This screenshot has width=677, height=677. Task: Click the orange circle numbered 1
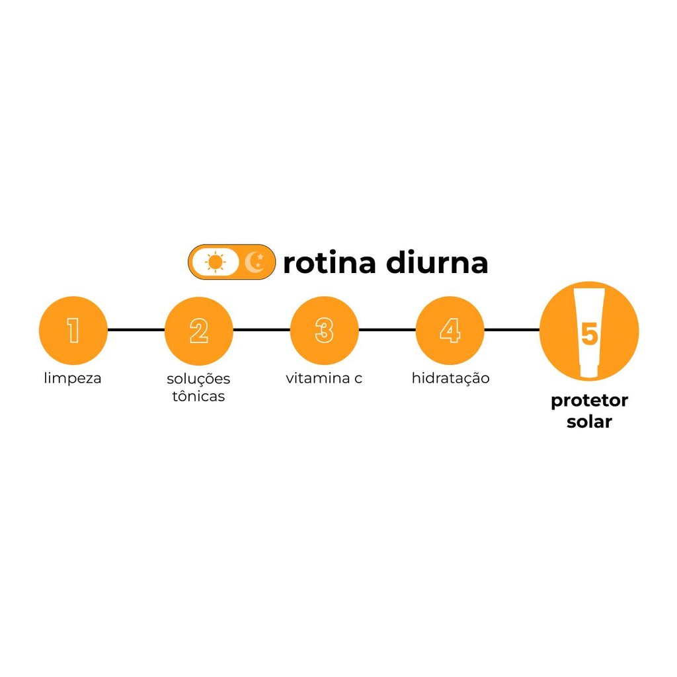coord(73,331)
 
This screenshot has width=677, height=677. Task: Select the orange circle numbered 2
coord(198,331)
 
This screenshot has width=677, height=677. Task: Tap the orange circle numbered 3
coord(324,331)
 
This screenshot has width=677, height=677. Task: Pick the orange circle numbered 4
coord(450,331)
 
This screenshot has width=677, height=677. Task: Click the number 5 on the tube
coord(589,334)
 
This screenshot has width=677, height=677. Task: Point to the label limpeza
coord(73,378)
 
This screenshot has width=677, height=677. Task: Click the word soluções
coord(198,379)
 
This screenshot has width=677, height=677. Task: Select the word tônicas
coord(198,395)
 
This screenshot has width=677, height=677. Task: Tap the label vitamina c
coord(324,378)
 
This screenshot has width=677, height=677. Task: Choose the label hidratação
coord(450,378)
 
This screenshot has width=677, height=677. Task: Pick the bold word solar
coord(589,422)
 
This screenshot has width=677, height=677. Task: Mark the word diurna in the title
coord(437,262)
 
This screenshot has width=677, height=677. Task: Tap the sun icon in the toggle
coord(215,262)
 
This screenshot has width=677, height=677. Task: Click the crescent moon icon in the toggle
coord(255,262)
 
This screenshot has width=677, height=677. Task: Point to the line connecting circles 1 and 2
coord(136,330)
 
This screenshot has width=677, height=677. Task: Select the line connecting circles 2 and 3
coord(262,330)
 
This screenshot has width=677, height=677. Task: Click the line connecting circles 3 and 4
coord(387,330)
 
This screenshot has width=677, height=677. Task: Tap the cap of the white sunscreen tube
coord(589,370)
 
